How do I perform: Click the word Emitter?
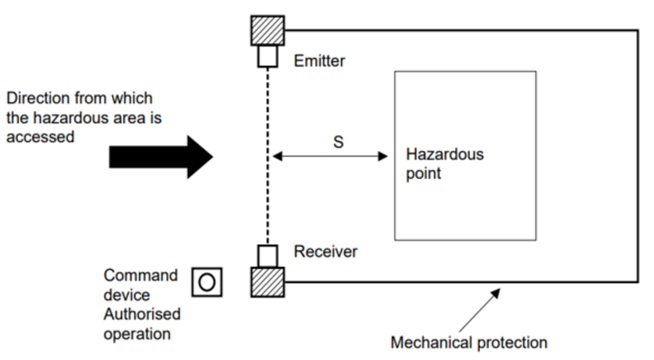click(x=320, y=61)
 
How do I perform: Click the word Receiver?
click(x=326, y=251)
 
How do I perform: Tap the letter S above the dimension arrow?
click(x=338, y=142)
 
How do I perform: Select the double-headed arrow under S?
click(x=330, y=156)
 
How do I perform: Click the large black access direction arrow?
click(x=161, y=156)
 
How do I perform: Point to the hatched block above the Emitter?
click(x=268, y=30)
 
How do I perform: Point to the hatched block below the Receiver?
click(x=268, y=282)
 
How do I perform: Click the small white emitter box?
click(x=268, y=57)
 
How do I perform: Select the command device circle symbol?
click(x=207, y=282)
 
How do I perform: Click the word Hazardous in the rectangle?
click(x=444, y=155)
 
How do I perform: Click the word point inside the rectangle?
click(x=423, y=174)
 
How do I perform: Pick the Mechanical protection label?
click(x=469, y=343)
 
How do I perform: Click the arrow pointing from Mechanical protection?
click(x=480, y=309)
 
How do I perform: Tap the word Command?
click(x=140, y=275)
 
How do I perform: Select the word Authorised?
click(x=142, y=314)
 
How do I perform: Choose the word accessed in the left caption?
click(x=40, y=138)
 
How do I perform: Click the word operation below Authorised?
click(x=136, y=333)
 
